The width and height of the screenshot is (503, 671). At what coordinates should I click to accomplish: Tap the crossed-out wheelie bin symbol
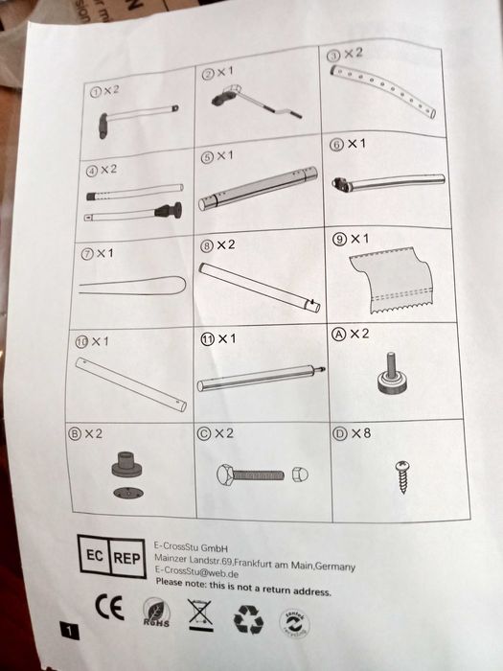[x=200, y=613]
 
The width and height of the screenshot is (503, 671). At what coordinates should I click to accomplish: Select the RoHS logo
[x=153, y=611]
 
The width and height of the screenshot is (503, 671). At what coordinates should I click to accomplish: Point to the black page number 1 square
[x=70, y=630]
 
